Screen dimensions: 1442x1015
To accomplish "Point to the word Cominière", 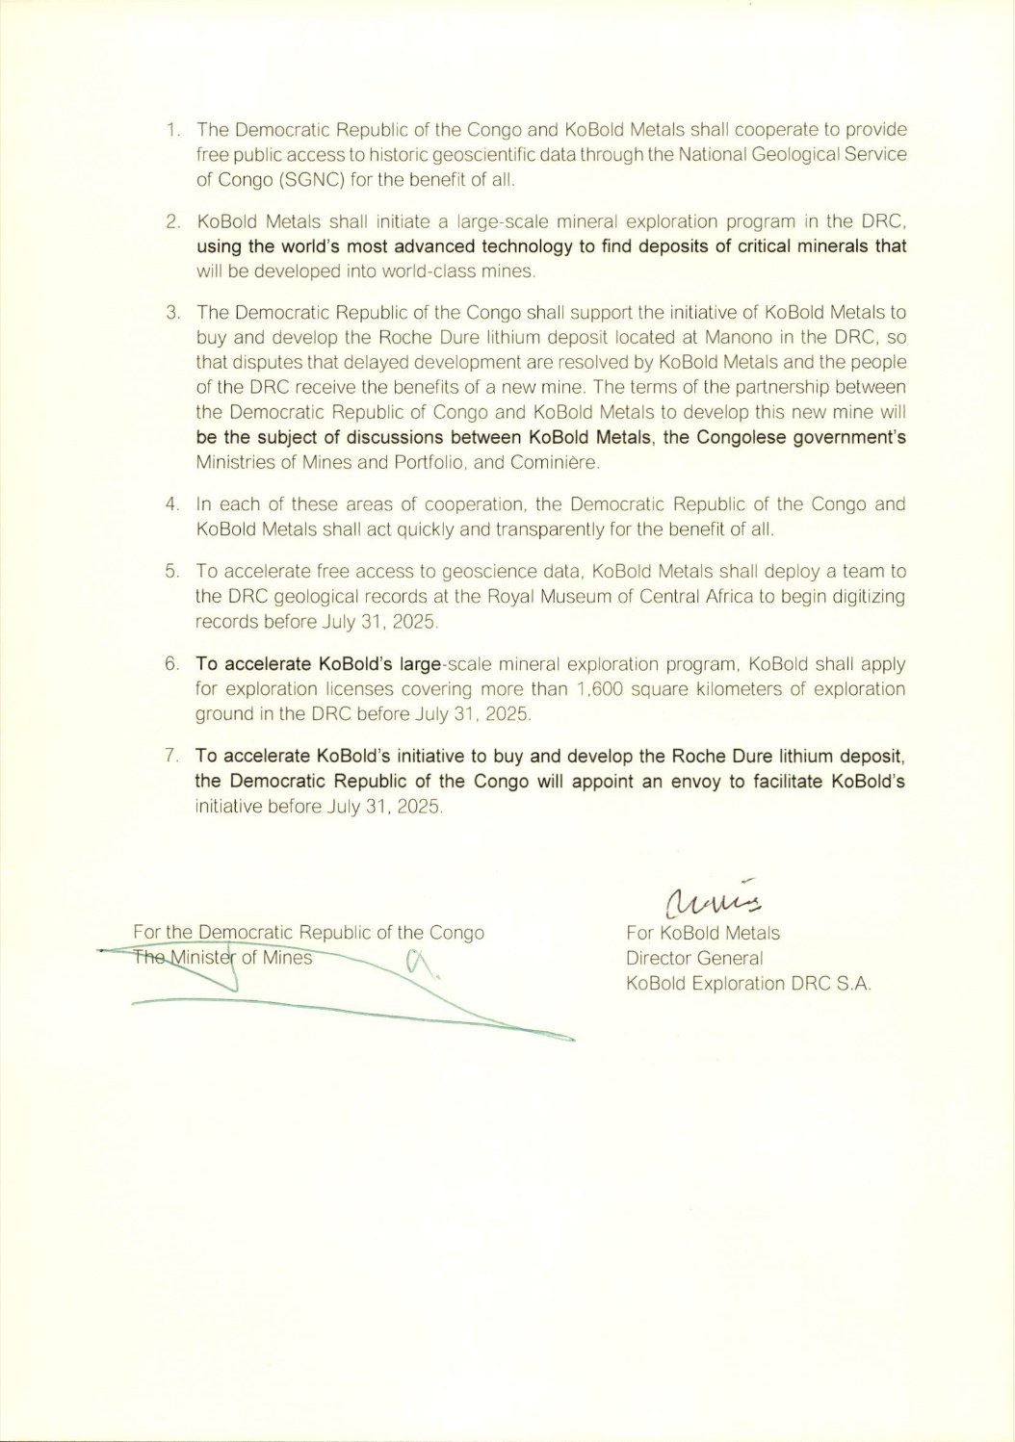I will tap(560, 463).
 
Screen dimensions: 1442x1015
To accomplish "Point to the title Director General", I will tap(694, 958).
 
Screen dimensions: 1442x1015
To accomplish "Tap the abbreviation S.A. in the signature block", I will tap(853, 984).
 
